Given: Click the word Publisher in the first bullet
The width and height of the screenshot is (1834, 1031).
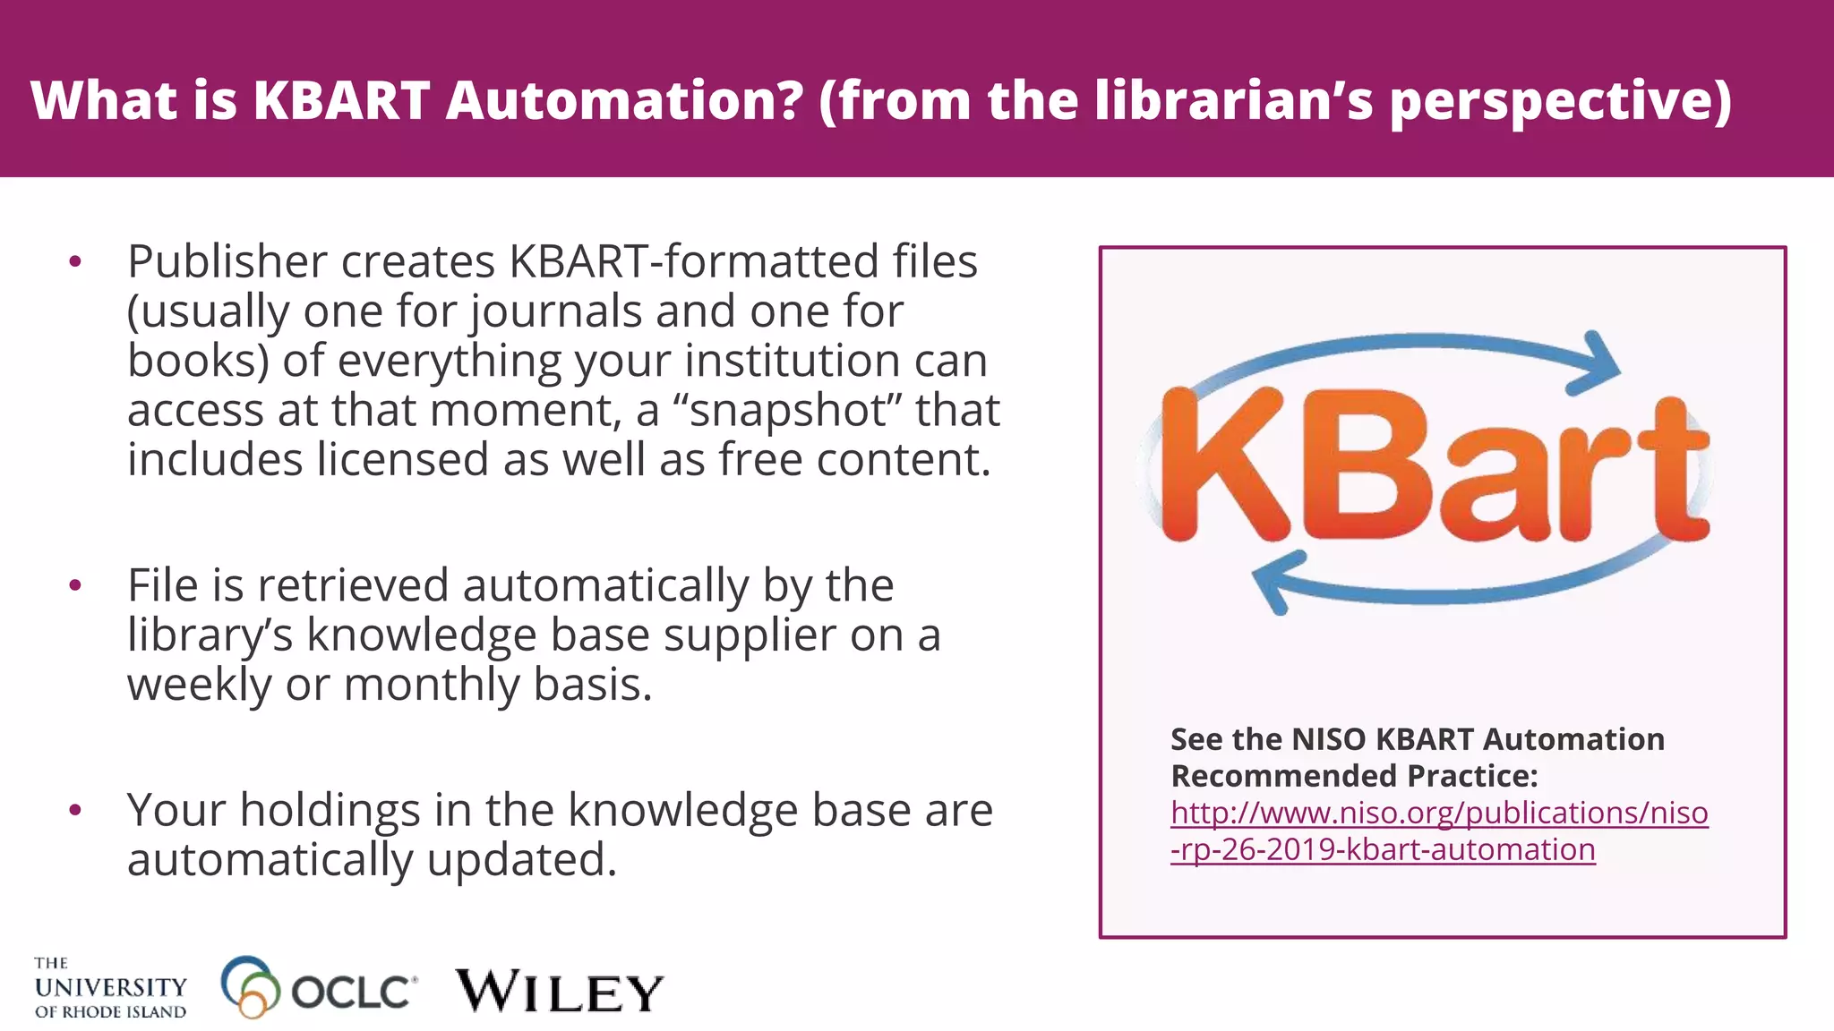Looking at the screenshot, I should click(x=227, y=261).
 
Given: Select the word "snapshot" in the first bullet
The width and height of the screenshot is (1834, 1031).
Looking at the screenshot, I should click(x=786, y=410).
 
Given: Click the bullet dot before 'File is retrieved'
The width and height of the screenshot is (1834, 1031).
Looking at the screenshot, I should click(x=75, y=586).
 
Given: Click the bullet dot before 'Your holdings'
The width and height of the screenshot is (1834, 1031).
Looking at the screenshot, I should click(x=75, y=811).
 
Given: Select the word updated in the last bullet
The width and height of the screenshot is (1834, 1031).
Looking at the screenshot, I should click(x=521, y=859).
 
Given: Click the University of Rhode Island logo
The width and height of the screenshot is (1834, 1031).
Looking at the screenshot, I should click(x=110, y=988).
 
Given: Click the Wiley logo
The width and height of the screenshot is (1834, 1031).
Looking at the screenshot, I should click(x=560, y=992).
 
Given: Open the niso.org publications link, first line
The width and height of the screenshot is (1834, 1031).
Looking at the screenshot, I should click(x=1439, y=813).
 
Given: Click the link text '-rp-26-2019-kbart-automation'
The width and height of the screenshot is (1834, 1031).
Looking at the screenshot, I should click(x=1383, y=849).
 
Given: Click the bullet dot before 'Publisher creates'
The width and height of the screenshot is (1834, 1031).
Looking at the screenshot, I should click(x=75, y=262).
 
